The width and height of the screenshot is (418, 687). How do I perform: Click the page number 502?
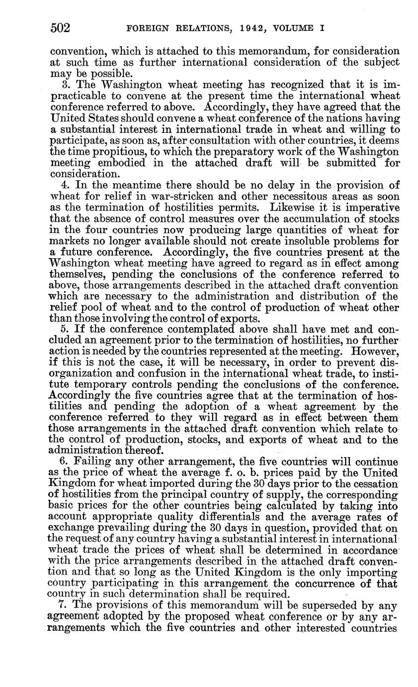[60, 28]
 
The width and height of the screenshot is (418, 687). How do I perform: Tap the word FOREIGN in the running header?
[150, 29]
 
